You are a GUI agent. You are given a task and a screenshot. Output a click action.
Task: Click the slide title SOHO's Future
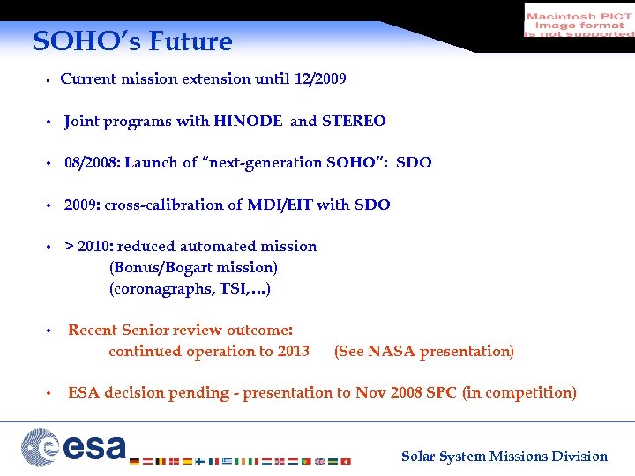click(132, 41)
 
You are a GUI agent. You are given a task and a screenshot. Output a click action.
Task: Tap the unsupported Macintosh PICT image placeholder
click(579, 20)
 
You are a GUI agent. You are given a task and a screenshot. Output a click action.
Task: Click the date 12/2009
click(318, 78)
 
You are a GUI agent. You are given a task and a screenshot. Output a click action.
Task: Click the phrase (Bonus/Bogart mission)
click(193, 267)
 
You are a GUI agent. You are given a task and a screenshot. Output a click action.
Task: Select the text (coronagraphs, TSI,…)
click(190, 288)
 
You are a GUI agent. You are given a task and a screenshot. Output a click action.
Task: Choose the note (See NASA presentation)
click(423, 351)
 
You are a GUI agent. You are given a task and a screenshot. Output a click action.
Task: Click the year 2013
click(293, 351)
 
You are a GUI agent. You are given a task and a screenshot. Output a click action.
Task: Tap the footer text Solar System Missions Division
click(504, 456)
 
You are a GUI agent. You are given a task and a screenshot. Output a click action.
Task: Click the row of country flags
click(239, 460)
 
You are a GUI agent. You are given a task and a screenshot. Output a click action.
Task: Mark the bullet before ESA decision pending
click(51, 393)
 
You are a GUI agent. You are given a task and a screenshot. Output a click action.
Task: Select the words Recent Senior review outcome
click(180, 330)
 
